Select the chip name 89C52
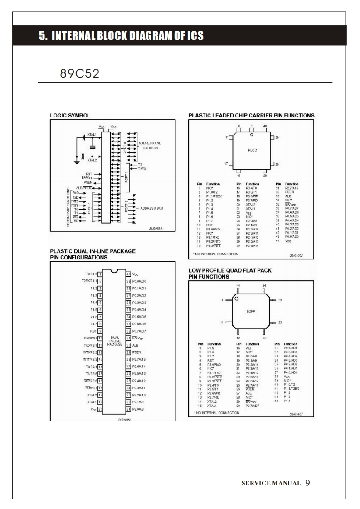tap(79, 73)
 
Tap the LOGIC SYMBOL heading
tap(70, 116)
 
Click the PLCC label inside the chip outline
tap(252, 149)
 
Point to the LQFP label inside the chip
tap(252, 312)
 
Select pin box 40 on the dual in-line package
tap(128, 274)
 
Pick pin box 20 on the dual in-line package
tap(100, 409)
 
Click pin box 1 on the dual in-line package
tap(100, 274)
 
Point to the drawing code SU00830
tap(156, 228)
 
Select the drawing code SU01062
tap(296, 255)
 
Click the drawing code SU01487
tap(296, 414)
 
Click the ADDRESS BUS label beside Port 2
tap(151, 208)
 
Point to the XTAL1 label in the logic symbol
tap(92, 135)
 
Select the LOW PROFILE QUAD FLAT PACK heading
tap(230, 270)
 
